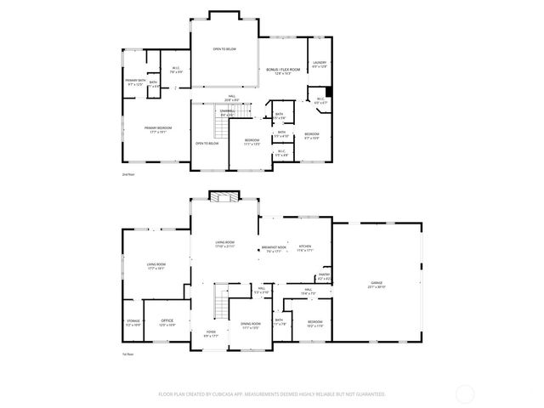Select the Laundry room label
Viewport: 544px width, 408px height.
[319, 64]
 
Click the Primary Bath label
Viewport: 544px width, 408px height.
[135, 82]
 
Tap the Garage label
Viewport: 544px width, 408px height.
[377, 285]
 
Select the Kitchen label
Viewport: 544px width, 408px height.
[305, 248]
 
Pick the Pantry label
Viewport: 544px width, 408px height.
[324, 276]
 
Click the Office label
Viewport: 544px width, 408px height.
[167, 321]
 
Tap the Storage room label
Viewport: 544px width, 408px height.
[133, 322]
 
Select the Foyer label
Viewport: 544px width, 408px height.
[210, 333]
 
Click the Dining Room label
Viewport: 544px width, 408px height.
[251, 325]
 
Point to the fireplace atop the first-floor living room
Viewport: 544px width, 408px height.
[224, 196]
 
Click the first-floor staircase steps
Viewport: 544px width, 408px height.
[221, 302]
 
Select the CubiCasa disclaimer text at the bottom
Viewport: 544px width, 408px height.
[272, 394]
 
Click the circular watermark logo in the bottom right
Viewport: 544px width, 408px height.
[465, 393]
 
